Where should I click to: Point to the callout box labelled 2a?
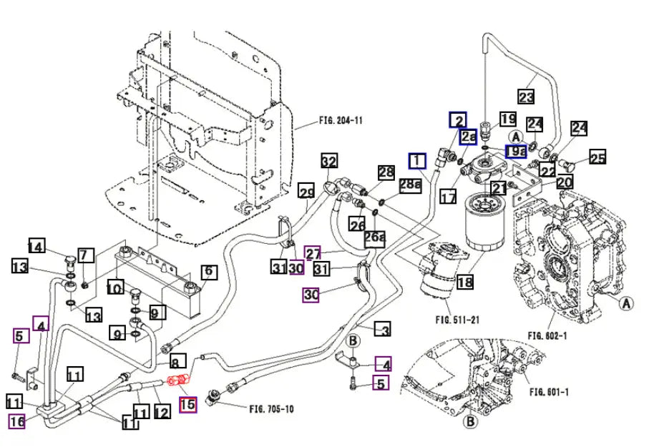pos(469,137)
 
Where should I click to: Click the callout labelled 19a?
pos(515,151)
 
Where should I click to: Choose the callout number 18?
pos(465,283)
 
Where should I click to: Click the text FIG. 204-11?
pos(340,121)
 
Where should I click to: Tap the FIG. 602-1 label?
pos(547,335)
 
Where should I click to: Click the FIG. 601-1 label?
pos(550,391)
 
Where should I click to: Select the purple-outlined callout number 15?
pos(187,405)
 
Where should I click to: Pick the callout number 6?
pos(208,272)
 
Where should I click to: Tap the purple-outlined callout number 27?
pos(313,253)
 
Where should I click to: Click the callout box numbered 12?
pos(162,412)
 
